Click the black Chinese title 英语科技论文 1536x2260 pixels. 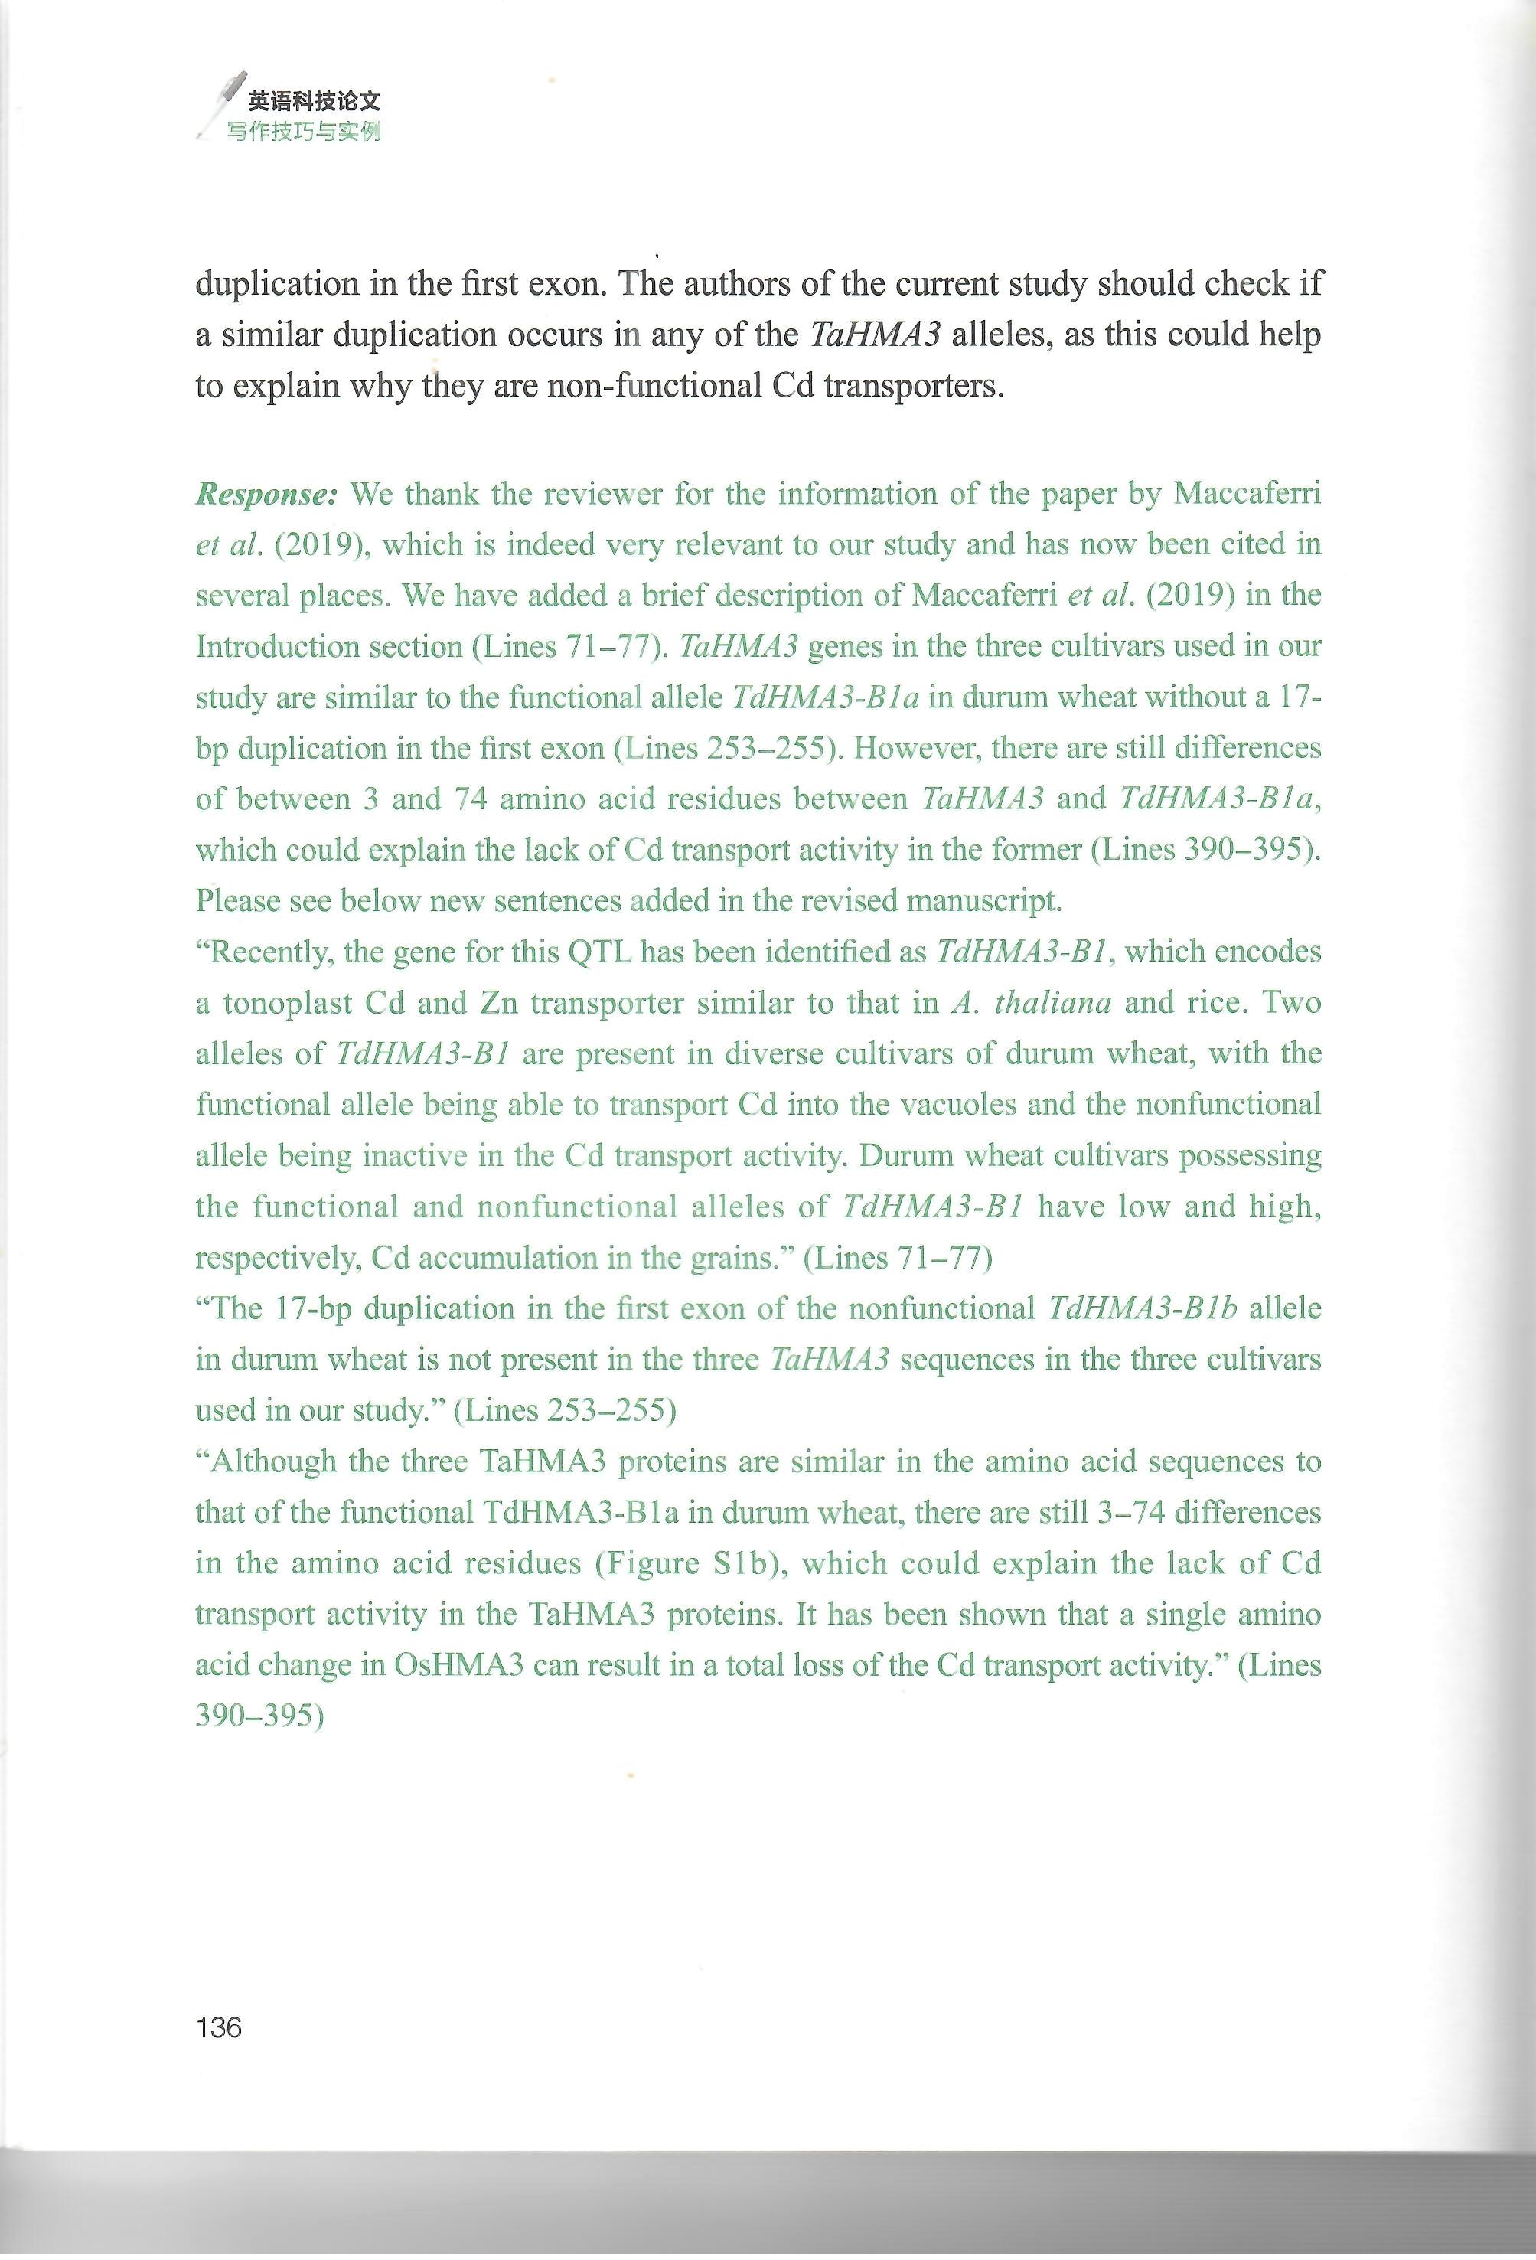[x=314, y=100]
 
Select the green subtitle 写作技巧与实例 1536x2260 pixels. [x=303, y=131]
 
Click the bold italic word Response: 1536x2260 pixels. [x=266, y=494]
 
